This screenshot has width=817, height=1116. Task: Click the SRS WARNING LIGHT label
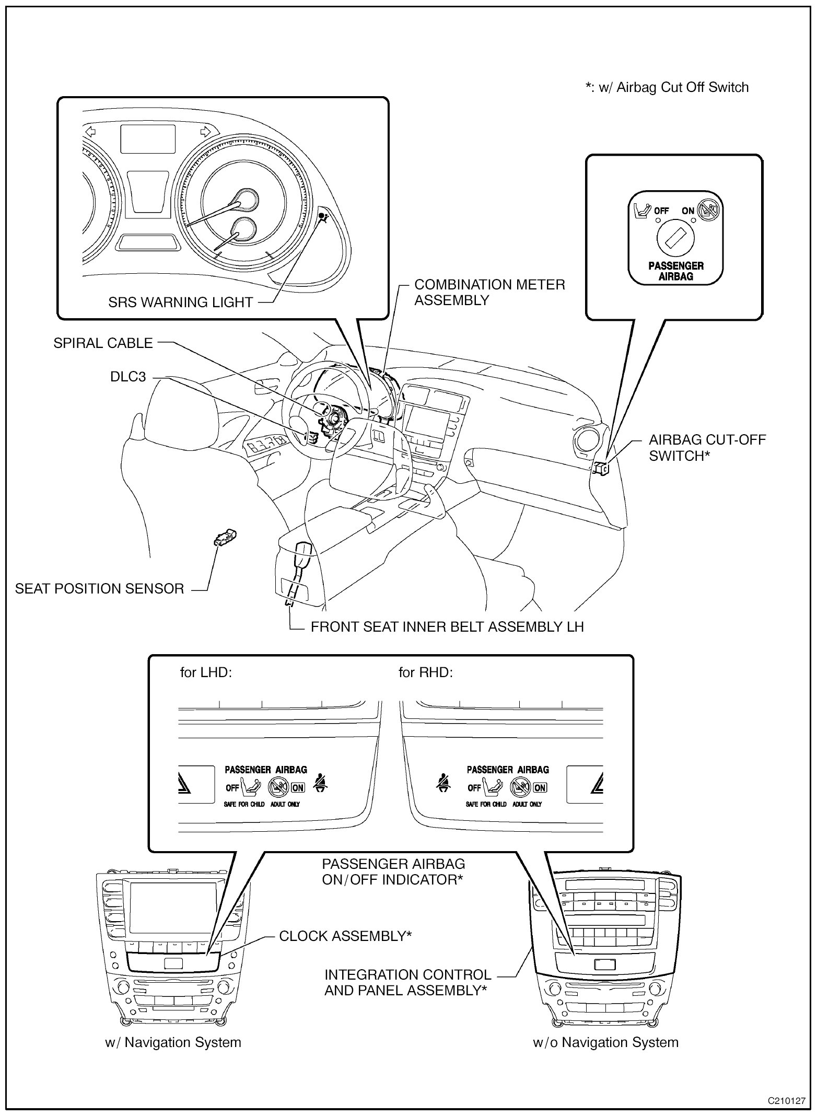[x=180, y=303]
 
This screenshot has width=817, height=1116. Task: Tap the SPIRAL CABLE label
[x=103, y=343]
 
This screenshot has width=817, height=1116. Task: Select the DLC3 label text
[x=128, y=377]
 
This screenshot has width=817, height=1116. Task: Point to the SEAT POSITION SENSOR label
[x=99, y=589]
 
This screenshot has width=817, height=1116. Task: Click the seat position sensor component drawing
[x=225, y=537]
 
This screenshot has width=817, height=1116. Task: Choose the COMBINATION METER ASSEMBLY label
[x=489, y=293]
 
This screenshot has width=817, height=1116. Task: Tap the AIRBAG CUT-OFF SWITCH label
[x=707, y=448]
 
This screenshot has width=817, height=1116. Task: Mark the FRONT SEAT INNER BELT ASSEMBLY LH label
[x=447, y=627]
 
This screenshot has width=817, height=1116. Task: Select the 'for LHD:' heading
[x=206, y=672]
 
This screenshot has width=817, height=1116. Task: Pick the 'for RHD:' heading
[x=425, y=672]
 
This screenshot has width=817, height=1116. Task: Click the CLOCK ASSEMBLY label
[x=345, y=936]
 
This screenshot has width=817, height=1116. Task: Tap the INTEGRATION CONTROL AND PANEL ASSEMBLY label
[x=407, y=982]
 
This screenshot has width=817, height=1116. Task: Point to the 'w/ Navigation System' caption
[x=173, y=1042]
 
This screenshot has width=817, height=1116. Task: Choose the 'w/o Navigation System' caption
[x=605, y=1042]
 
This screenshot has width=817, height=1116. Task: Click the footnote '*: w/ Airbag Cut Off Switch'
[x=667, y=87]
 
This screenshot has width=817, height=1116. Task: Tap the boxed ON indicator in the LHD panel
[x=298, y=787]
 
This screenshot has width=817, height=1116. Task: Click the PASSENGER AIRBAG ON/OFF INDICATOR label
[x=393, y=872]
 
